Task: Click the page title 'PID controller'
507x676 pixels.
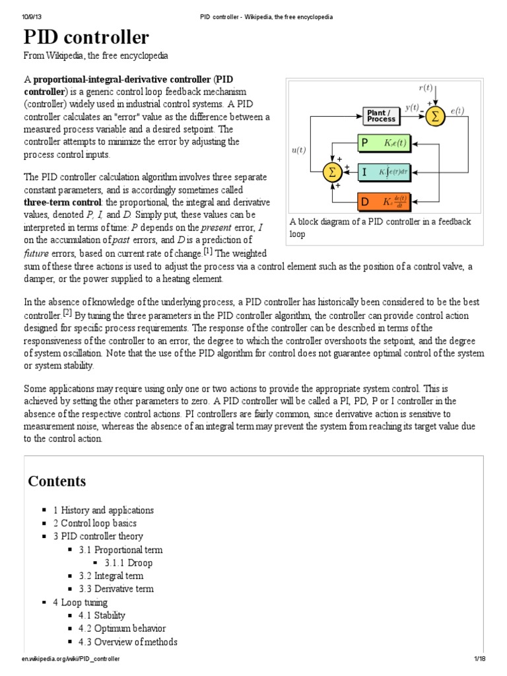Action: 86,37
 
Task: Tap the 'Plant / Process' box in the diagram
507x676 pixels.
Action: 381,116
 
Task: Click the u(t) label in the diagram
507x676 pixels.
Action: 298,150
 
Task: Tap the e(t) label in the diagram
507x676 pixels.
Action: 457,111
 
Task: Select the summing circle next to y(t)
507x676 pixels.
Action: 434,116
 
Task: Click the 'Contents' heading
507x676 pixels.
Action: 57,481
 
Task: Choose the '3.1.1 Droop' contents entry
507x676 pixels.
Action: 128,563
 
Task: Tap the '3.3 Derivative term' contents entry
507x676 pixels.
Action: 124,589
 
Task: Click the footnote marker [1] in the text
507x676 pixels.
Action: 207,252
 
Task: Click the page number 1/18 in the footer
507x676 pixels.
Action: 479,659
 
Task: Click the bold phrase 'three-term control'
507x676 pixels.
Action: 63,202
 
